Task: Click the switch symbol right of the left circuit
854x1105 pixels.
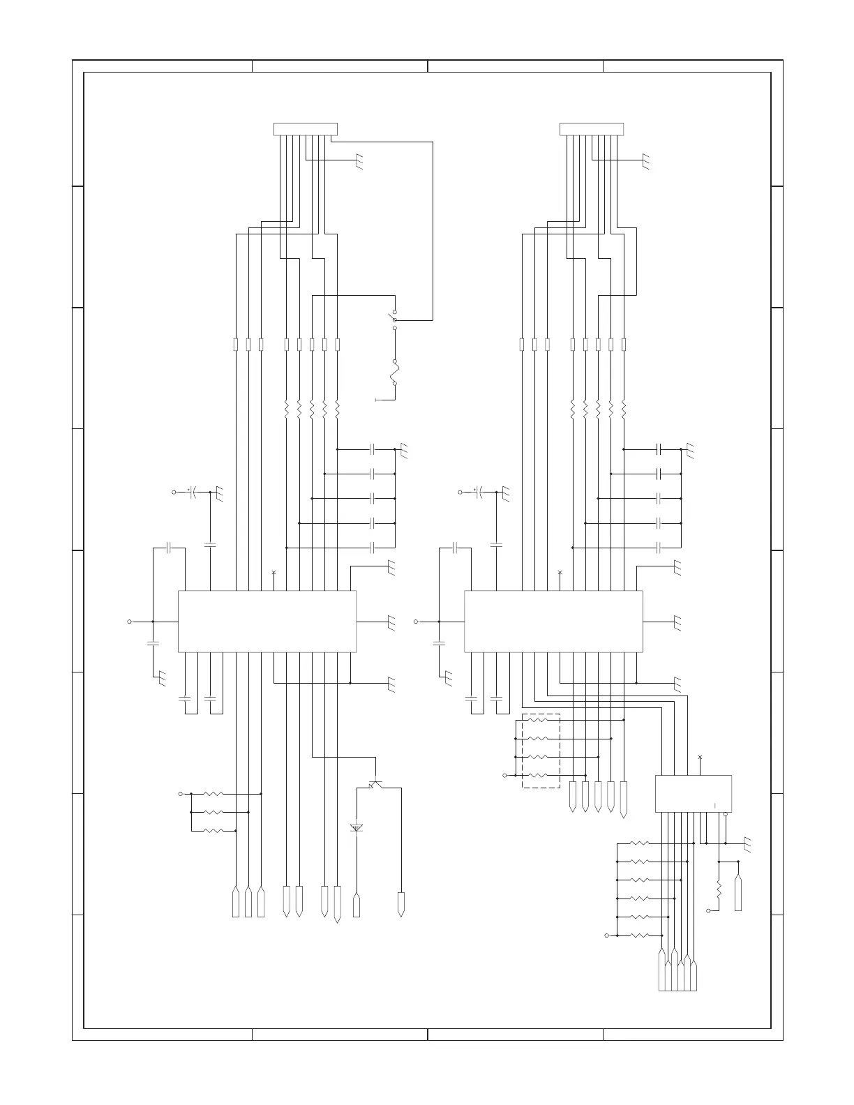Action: [394, 319]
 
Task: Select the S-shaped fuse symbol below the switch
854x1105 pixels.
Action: [394, 373]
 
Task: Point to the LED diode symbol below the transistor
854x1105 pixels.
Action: [357, 827]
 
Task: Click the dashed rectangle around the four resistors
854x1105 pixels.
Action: [541, 751]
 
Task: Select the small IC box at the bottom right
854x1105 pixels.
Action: [693, 793]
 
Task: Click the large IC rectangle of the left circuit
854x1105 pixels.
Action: [267, 622]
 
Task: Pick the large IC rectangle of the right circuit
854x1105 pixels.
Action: [553, 622]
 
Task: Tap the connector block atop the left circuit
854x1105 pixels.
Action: [305, 129]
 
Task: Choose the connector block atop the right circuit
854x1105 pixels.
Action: [592, 129]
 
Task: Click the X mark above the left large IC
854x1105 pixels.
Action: [274, 573]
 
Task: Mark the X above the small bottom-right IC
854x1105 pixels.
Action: [700, 757]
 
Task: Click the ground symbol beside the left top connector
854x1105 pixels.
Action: [360, 163]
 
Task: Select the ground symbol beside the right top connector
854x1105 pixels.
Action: [646, 163]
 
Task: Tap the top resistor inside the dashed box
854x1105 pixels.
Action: [541, 720]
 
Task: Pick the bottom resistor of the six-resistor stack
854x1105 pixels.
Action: [639, 935]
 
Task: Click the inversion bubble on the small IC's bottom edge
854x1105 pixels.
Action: [726, 814]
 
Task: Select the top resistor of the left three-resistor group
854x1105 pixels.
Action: [212, 794]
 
